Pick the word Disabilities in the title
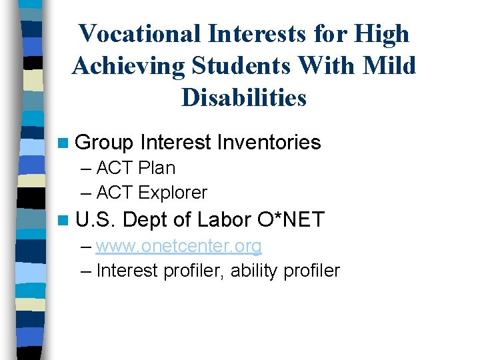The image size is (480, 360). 243,97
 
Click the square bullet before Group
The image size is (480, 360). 63,143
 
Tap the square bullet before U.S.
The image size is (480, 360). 63,219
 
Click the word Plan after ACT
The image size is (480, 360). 157,168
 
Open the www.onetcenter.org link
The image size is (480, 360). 179,246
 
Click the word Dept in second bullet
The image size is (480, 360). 143,219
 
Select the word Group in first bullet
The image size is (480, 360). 105,143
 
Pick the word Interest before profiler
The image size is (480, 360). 127,271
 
